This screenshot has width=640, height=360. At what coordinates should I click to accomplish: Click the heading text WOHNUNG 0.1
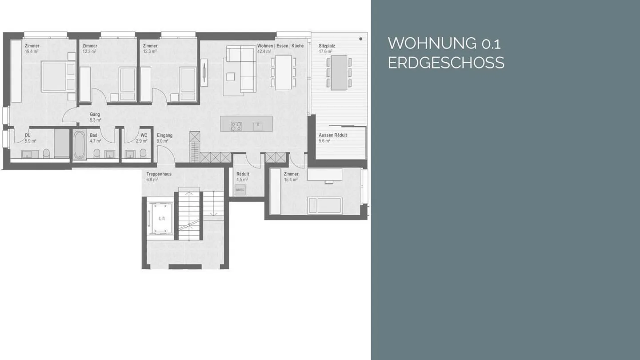444,44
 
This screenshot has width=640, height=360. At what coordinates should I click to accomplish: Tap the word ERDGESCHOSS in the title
446,63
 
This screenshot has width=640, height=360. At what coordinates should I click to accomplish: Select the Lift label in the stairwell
162,219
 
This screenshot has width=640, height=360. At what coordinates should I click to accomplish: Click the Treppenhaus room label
159,174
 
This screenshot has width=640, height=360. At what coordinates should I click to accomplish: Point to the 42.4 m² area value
264,51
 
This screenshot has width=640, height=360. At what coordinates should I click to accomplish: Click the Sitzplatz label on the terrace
327,46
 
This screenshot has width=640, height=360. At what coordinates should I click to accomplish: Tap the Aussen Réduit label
332,135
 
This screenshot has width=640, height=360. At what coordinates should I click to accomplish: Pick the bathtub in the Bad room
80,144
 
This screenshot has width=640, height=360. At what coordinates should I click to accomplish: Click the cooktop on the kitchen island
236,126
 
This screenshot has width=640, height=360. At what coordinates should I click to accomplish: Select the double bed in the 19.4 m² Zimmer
59,77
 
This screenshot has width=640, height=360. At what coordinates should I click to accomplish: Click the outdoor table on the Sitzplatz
339,72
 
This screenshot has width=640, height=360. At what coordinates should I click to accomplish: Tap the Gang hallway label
95,114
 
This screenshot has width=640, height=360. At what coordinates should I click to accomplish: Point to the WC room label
144,135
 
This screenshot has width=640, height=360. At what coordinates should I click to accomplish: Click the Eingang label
164,135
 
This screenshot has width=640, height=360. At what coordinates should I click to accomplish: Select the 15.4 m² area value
291,180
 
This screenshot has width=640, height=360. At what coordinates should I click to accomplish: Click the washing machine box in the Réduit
240,190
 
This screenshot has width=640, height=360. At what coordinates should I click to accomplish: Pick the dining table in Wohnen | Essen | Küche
283,72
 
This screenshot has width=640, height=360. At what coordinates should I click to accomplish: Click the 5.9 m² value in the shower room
30,141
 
